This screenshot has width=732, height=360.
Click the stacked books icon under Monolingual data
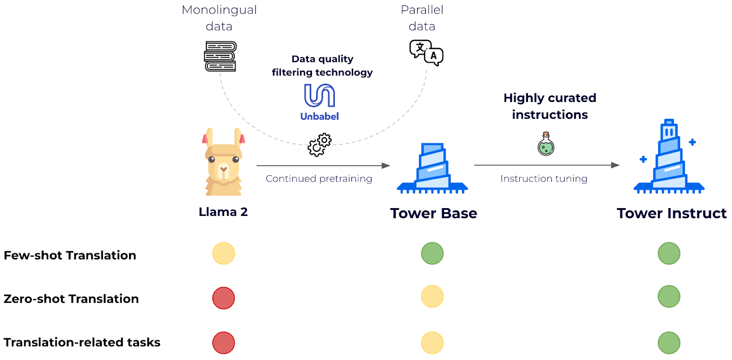[220, 56]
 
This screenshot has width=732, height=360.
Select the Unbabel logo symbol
[319, 95]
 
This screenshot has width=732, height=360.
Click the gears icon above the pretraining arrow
[319, 145]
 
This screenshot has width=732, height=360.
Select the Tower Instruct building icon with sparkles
[669, 158]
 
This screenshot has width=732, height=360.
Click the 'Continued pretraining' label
[319, 178]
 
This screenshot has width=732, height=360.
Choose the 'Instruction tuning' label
[544, 178]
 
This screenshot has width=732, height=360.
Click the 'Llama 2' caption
[223, 212]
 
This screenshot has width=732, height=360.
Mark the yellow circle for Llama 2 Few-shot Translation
[224, 253]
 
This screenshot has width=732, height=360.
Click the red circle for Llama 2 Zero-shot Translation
[224, 298]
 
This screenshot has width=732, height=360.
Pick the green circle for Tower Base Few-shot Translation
[432, 253]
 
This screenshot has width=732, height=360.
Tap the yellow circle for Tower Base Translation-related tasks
[432, 343]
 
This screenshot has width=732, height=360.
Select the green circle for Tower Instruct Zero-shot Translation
[669, 296]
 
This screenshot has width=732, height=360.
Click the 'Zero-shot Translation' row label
[71, 299]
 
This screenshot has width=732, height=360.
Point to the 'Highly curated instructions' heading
[550, 106]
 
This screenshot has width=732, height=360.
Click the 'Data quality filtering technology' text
[322, 65]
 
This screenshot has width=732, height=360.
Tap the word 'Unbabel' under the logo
[319, 116]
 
